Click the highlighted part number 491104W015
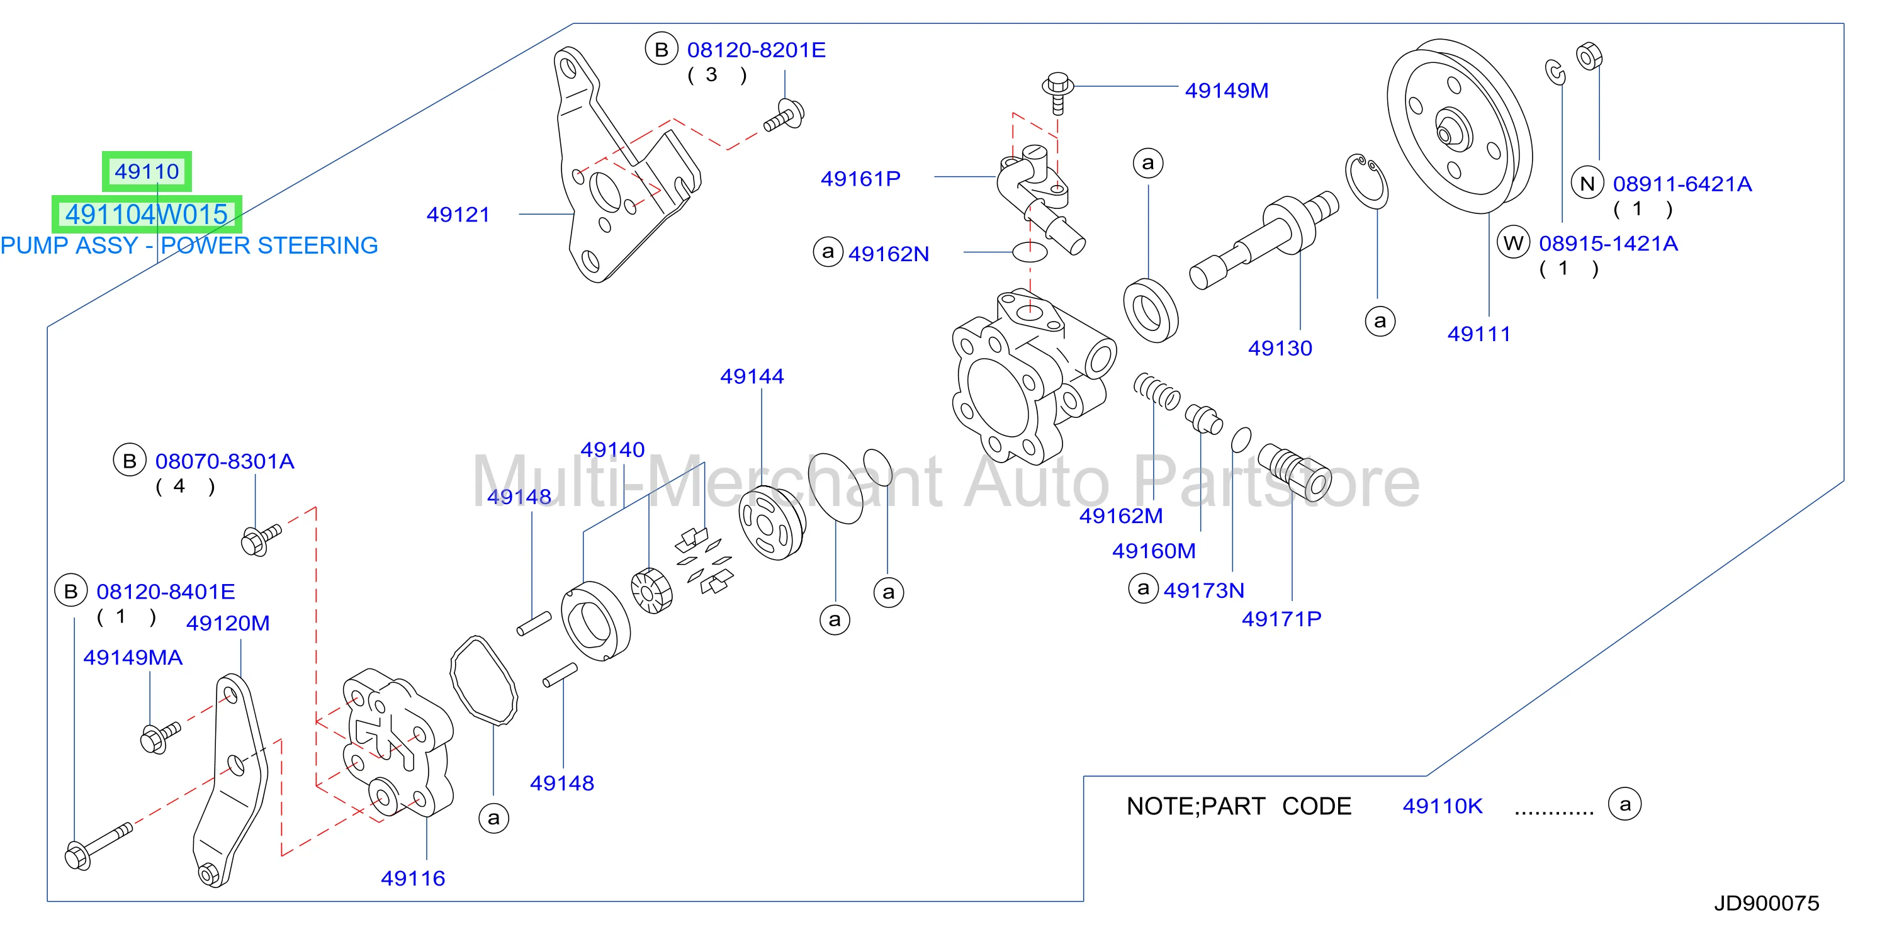(x=147, y=215)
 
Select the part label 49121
(x=458, y=215)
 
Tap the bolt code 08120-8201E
(x=757, y=50)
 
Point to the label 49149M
(x=1227, y=91)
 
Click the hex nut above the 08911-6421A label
(x=1589, y=56)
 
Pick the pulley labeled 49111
(x=1459, y=127)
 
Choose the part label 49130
(x=1280, y=348)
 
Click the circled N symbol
(x=1587, y=184)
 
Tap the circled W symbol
(x=1513, y=243)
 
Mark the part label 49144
(x=752, y=376)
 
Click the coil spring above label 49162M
(x=1157, y=391)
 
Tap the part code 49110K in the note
(x=1443, y=806)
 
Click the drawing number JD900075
(x=1766, y=903)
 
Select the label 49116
(x=413, y=878)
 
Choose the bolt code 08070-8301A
(x=225, y=461)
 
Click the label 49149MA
(x=133, y=657)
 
